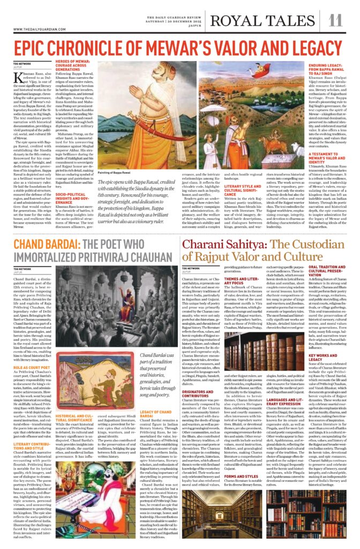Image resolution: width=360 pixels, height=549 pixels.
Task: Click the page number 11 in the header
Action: pos(335,20)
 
